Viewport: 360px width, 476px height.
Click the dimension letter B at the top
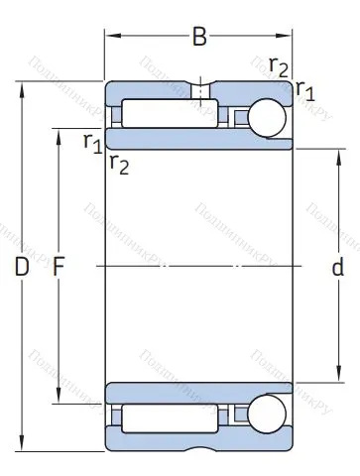[x=199, y=38]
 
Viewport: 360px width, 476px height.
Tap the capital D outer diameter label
[x=21, y=267]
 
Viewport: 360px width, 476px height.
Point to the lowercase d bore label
[x=337, y=267]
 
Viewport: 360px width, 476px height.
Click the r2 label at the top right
[x=279, y=66]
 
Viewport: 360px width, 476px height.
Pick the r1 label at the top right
[x=304, y=91]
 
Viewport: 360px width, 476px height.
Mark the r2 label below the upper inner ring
[x=119, y=164]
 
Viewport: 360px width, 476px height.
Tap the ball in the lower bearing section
[x=268, y=414]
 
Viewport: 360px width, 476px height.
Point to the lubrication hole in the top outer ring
[x=199, y=90]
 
